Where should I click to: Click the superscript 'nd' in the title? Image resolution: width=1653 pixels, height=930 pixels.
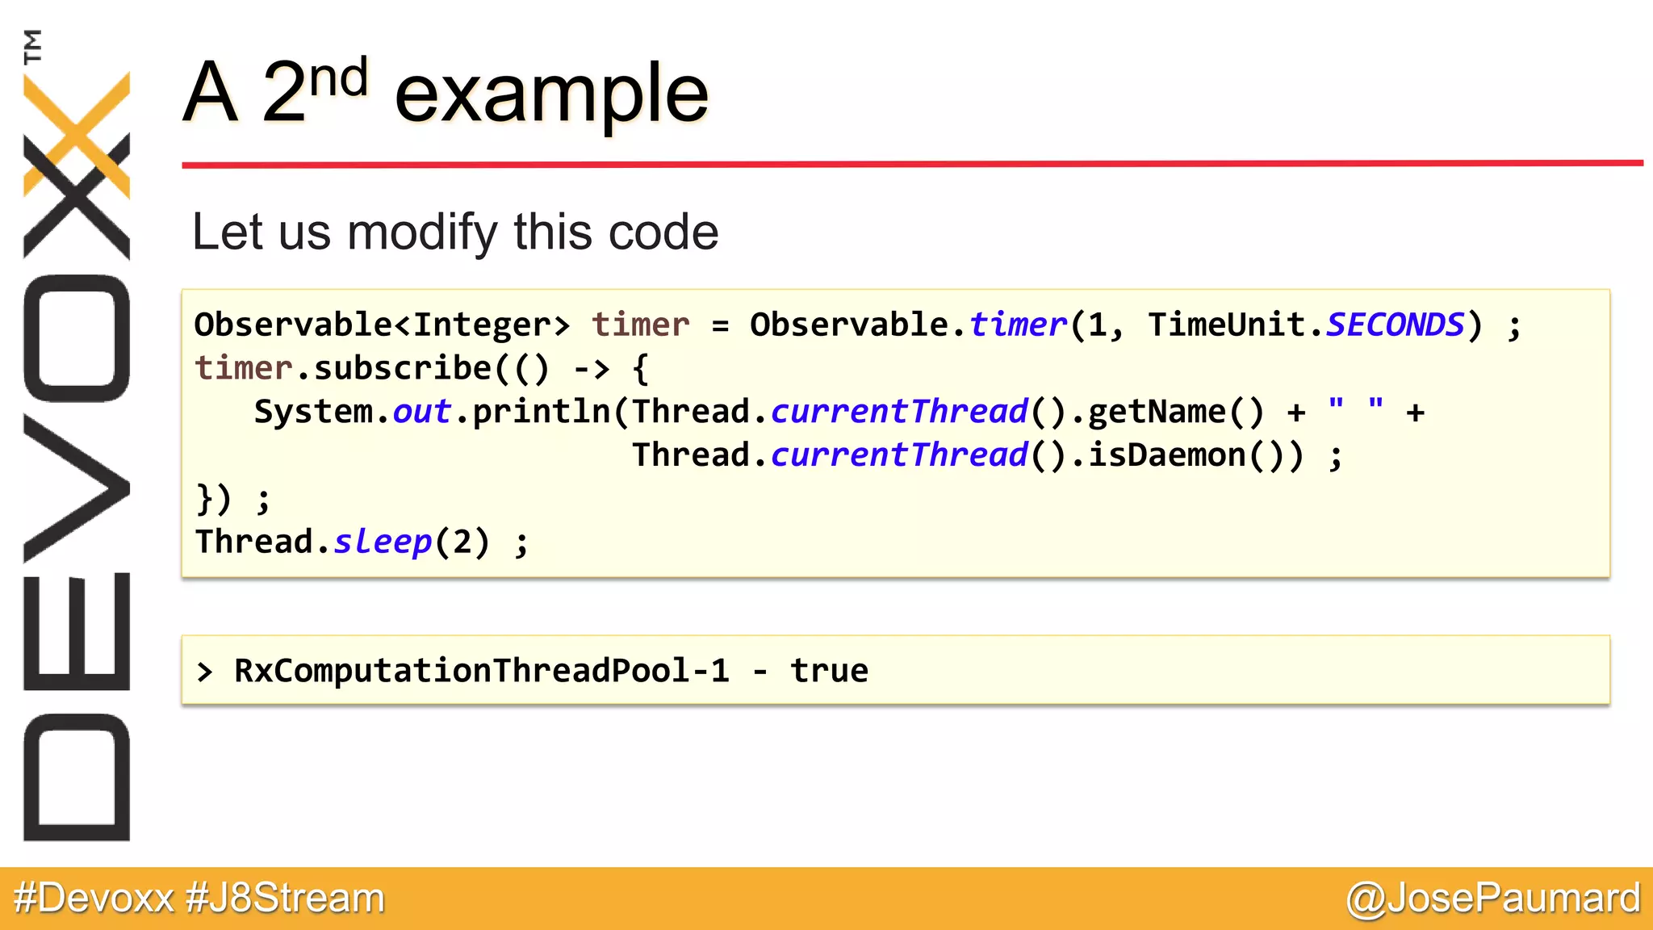point(339,79)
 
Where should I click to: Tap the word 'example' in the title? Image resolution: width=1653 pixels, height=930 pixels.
point(551,95)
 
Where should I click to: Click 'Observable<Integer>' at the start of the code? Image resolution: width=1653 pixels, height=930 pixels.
point(382,325)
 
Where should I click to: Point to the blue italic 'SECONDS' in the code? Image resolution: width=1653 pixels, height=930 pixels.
point(1395,325)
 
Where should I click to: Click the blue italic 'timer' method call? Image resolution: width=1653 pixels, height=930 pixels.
point(1018,325)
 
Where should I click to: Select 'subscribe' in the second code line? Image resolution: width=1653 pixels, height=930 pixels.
point(402,369)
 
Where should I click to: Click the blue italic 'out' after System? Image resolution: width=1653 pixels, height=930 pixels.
point(421,413)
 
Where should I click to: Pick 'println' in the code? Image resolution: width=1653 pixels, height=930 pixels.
point(542,413)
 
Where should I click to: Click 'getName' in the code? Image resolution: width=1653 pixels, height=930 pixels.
point(1157,413)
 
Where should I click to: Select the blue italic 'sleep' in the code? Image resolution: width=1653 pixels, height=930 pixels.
point(383,542)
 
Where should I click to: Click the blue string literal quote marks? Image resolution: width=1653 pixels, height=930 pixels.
point(1356,405)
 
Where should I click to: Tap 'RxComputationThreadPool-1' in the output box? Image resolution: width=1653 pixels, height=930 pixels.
point(481,671)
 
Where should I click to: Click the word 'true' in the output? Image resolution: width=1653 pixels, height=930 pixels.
point(829,671)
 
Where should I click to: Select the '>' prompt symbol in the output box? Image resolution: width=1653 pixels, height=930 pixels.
point(205,672)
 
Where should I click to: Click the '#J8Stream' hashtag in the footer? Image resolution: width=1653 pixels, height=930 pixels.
point(285,899)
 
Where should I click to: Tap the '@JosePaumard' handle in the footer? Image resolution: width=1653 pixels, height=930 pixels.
point(1493,899)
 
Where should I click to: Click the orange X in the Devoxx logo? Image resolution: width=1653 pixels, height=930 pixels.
point(77,133)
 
